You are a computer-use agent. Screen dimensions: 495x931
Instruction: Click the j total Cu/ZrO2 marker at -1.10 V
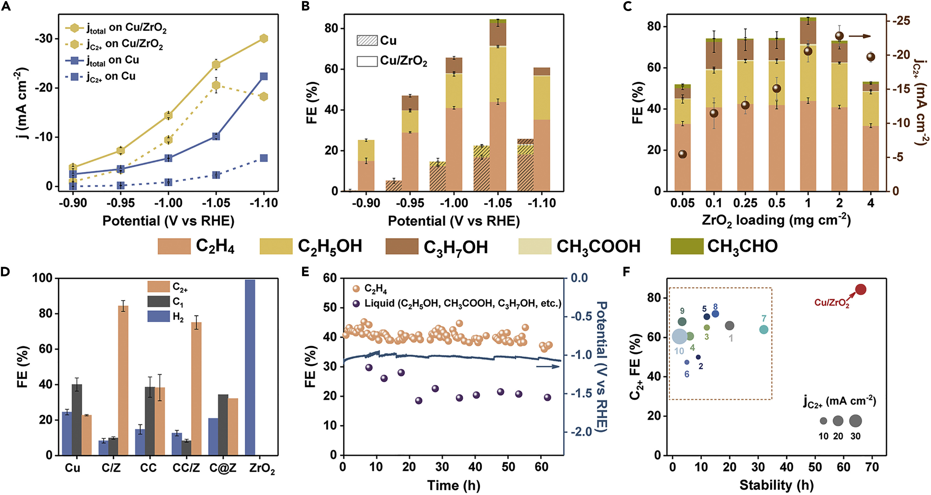[264, 38]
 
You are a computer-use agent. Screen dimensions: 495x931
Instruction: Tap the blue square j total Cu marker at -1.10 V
[264, 76]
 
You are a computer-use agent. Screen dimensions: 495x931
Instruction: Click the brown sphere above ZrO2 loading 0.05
[682, 154]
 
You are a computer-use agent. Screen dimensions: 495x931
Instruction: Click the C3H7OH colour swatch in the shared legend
[402, 246]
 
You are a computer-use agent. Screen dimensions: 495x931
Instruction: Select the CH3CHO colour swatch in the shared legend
[687, 246]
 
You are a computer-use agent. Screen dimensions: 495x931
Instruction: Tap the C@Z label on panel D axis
[223, 468]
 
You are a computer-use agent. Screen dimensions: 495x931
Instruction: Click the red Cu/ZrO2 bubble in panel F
[861, 289]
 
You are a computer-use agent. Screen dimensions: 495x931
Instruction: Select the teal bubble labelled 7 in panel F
[763, 329]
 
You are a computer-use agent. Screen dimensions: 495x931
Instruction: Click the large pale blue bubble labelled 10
[679, 336]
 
